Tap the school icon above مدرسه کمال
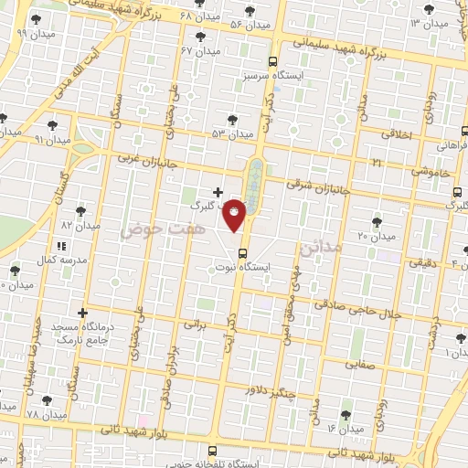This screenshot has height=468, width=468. [x=61, y=246]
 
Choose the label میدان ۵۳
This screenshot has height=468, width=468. [x=232, y=133]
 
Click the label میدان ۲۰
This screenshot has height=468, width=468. [x=376, y=236]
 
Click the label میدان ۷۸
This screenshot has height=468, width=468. [x=46, y=415]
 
